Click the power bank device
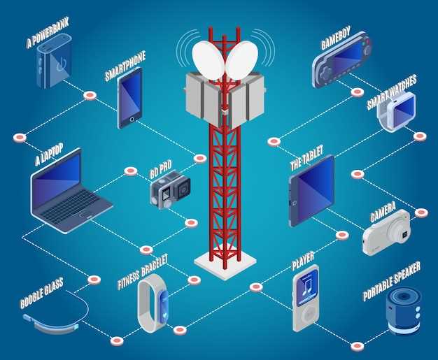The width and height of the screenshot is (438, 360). [x=54, y=61]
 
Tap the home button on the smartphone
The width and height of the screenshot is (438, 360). [x=132, y=120]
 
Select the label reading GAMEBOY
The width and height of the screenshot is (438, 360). [x=335, y=38]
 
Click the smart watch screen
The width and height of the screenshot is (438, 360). [x=403, y=108]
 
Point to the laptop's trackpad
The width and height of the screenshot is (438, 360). [x=85, y=215]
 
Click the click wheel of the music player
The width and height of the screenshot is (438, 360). [x=308, y=315]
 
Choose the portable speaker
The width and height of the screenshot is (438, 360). [x=404, y=310]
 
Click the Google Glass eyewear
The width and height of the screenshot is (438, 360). [x=56, y=315]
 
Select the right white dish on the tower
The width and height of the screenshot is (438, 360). [x=242, y=60]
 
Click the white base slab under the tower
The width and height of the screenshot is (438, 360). [x=225, y=264]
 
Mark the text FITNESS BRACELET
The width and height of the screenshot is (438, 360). [x=143, y=271]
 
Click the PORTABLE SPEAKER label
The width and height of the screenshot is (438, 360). [x=392, y=281]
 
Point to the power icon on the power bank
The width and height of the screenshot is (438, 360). [x=61, y=64]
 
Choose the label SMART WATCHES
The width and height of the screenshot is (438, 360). [x=392, y=92]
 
